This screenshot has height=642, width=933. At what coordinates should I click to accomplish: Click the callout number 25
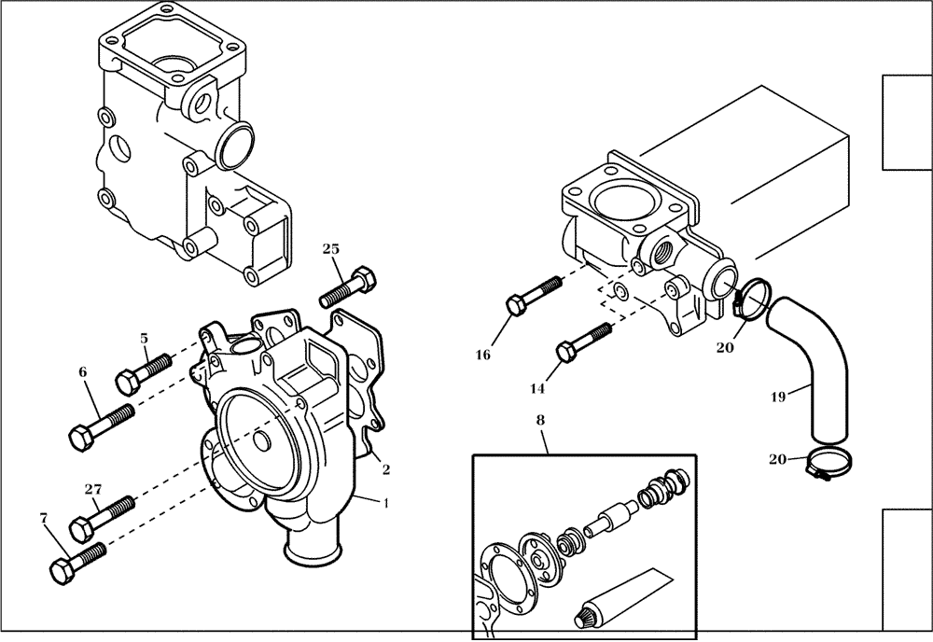click(331, 248)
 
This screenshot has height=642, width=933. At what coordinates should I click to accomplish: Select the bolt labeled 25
click(348, 287)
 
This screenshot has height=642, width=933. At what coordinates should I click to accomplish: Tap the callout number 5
click(145, 338)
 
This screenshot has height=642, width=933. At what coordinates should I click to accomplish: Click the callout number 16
click(482, 355)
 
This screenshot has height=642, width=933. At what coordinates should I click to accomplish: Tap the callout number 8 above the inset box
click(540, 421)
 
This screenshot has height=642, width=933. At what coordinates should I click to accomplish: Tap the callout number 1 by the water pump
click(387, 501)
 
